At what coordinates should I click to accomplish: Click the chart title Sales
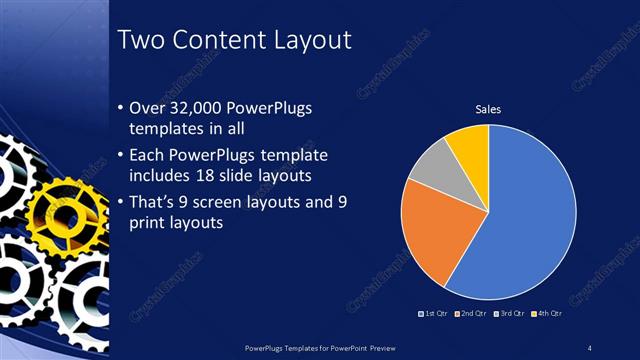[x=488, y=109]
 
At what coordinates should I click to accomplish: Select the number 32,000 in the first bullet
[x=208, y=108]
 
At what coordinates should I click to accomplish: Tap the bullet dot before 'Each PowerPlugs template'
[x=121, y=156]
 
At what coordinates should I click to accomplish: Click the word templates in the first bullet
[x=165, y=130]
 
